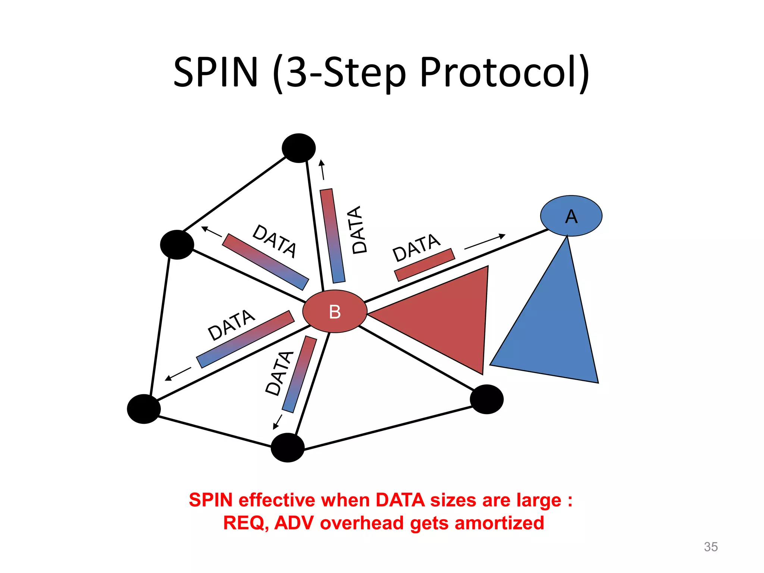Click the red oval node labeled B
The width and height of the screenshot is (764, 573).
pos(335,311)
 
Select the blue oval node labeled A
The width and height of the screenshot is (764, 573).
pos(571,216)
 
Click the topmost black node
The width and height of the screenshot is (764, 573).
pos(298,148)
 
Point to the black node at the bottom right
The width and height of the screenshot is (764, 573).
pos(486,399)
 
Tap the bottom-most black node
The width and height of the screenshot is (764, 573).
pos(287,447)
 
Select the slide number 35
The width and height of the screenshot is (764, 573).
pos(711,547)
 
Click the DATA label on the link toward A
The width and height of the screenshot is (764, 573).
pos(416,247)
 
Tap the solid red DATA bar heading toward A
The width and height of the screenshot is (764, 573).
pos(425,264)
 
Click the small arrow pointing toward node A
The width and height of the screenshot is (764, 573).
pos(485,242)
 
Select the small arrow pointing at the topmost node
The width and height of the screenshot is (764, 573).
pos(322,170)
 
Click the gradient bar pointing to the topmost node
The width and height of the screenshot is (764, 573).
pos(332,236)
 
